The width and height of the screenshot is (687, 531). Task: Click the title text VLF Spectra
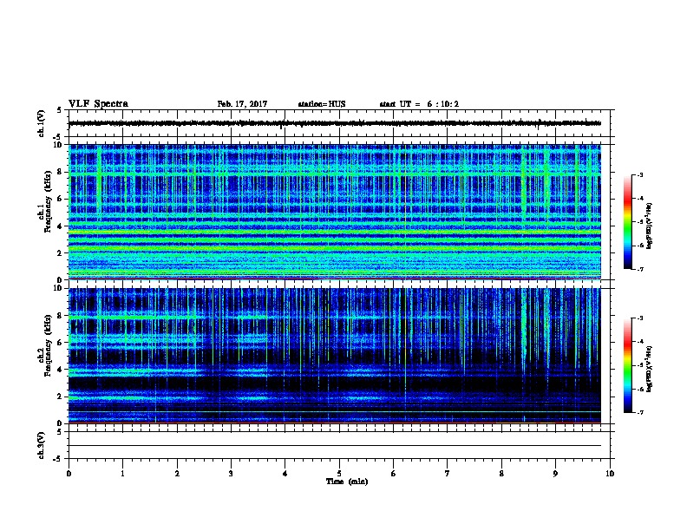[98, 104]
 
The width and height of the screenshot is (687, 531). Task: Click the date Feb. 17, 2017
[242, 104]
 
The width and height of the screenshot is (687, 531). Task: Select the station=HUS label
[321, 104]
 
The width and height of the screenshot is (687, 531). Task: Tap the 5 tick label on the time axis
[339, 473]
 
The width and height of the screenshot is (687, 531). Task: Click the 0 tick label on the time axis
[69, 473]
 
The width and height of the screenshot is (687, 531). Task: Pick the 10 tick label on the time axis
[610, 473]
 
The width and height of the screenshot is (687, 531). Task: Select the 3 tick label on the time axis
[231, 473]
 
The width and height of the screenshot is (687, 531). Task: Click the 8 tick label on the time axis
[501, 473]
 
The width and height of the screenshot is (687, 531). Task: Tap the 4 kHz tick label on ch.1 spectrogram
[60, 226]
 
